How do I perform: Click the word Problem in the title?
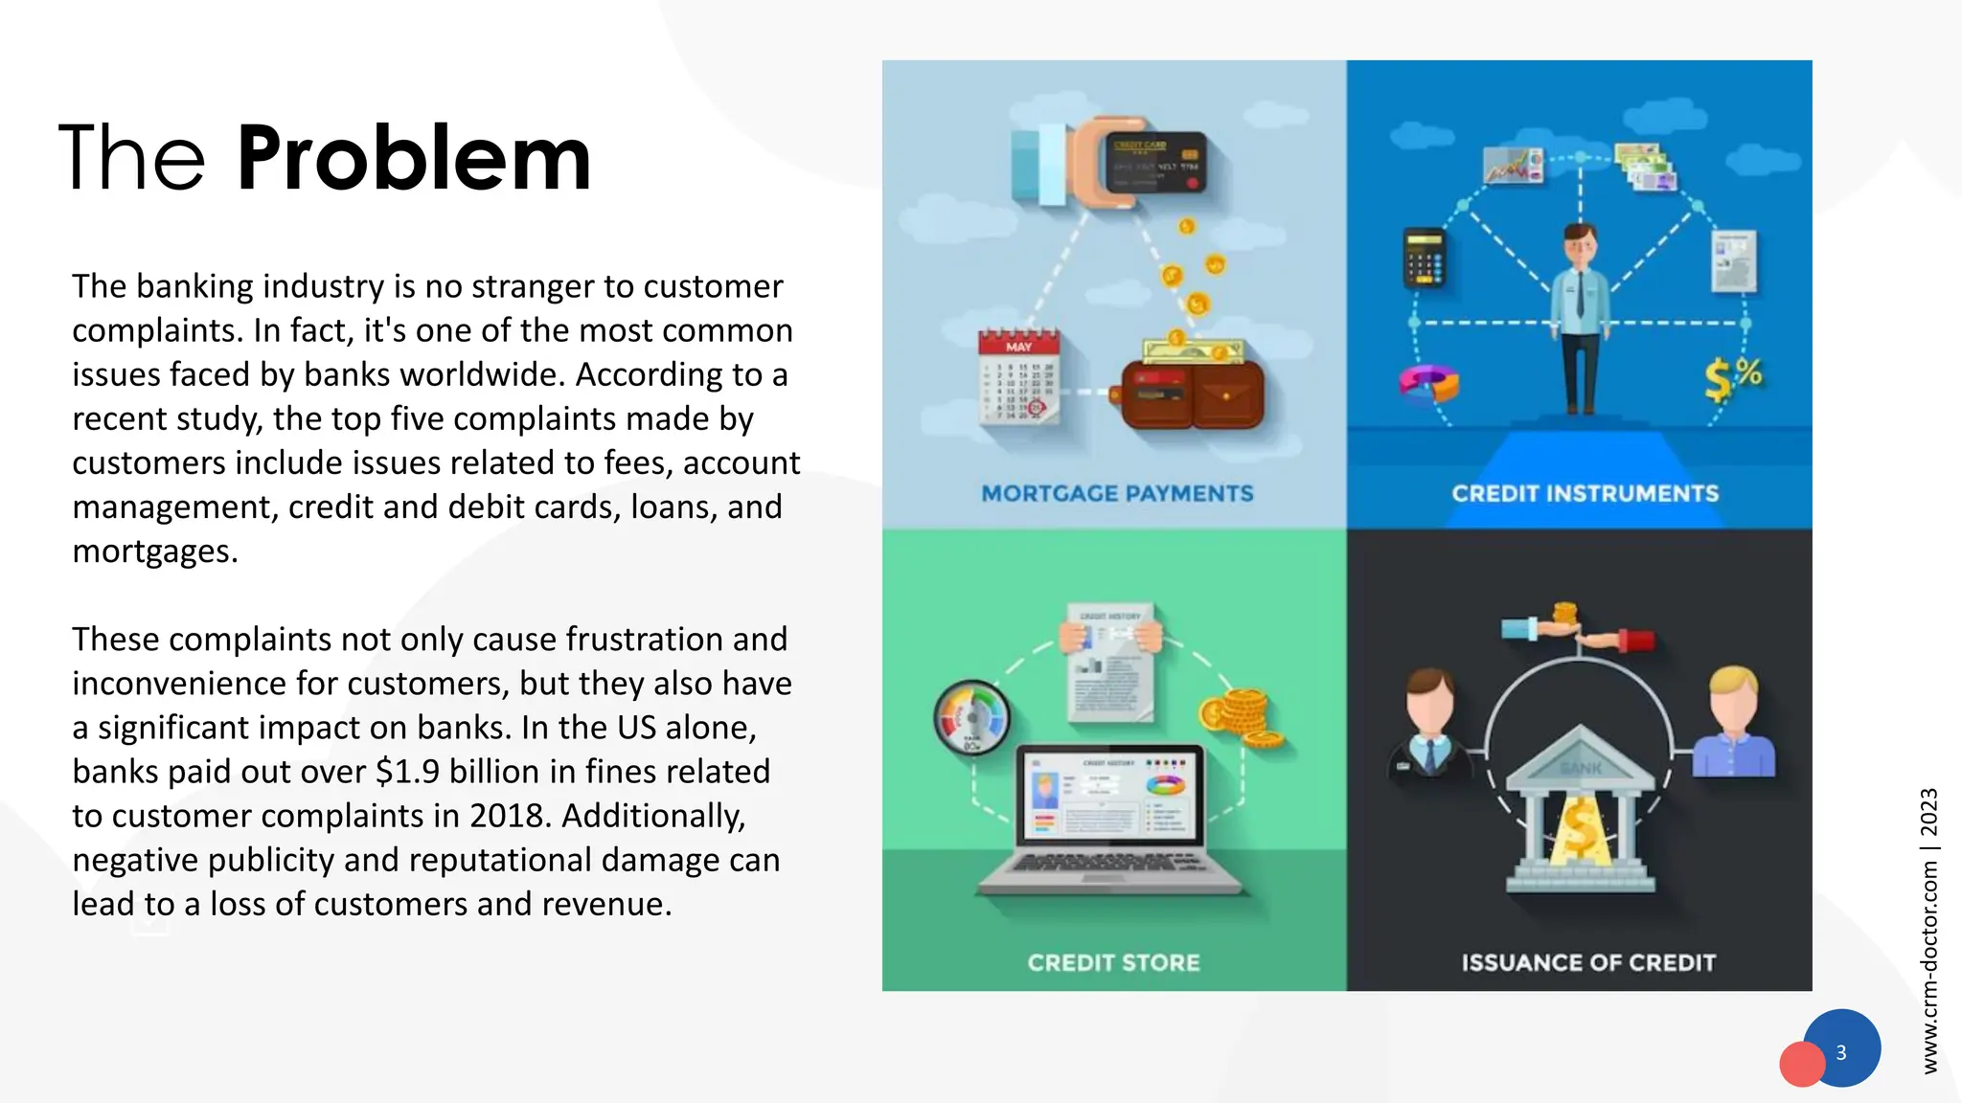[x=414, y=159]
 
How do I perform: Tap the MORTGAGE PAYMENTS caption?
[x=1117, y=493]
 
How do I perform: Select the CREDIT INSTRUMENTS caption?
[x=1585, y=493]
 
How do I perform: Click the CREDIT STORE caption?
[x=1113, y=962]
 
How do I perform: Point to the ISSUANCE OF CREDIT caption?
[x=1588, y=962]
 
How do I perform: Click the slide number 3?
[x=1841, y=1052]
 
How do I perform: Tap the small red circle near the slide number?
[x=1801, y=1065]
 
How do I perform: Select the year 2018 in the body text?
[x=510, y=816]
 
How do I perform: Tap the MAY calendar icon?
[x=1019, y=376]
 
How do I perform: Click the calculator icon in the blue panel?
[x=1424, y=258]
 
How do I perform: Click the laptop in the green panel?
[x=1109, y=819]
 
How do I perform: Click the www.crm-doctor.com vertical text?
[x=1929, y=967]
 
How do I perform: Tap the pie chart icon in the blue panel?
[x=1427, y=383]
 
